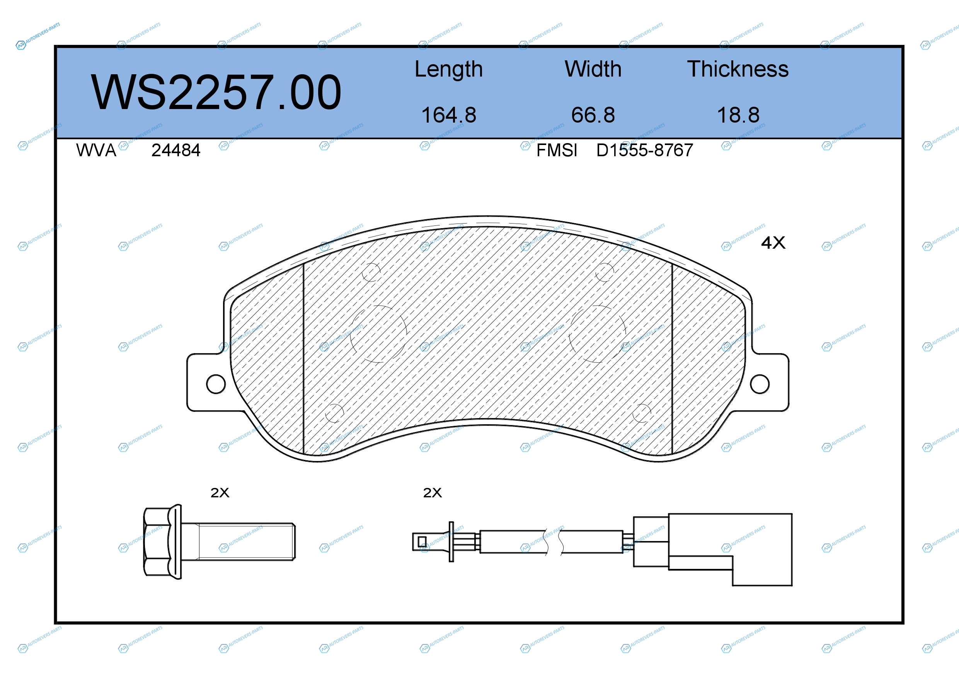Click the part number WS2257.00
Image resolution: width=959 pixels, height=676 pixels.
pos(216,92)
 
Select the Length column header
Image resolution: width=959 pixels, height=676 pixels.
pos(449,69)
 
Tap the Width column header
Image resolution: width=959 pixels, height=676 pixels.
pos(593,69)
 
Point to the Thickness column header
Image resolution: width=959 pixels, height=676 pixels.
pos(738,69)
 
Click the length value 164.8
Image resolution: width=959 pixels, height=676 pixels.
pos(449,115)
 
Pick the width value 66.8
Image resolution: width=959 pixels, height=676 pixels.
pos(593,115)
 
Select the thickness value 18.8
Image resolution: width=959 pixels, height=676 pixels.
pos(738,115)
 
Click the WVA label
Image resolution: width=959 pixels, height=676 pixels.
pos(96,150)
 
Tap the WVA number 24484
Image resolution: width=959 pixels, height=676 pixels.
pos(176,150)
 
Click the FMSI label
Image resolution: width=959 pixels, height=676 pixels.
pos(557,150)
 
